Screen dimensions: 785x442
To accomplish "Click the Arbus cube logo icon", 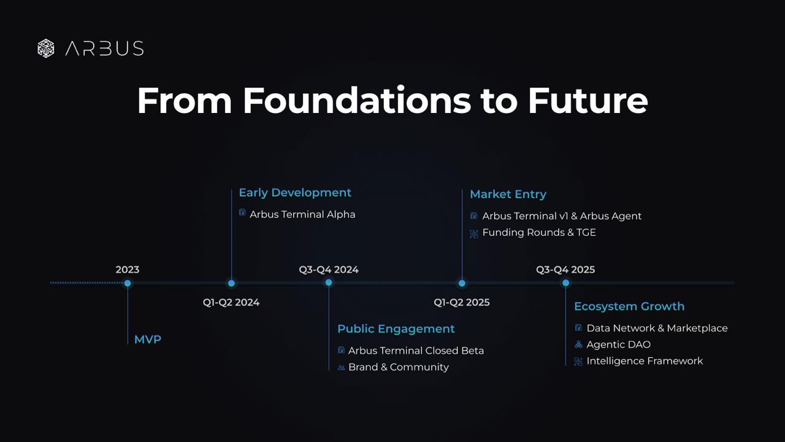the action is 46,48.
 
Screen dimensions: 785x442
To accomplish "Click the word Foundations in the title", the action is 357,101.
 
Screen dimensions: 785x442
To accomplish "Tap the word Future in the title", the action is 588,101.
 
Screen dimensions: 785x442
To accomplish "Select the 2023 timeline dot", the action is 128,283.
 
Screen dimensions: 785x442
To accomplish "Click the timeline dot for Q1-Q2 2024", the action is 231,283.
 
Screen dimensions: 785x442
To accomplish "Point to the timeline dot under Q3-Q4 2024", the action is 329,282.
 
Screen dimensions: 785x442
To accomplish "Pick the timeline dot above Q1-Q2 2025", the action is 462,283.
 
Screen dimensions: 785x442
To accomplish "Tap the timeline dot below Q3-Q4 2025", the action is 565,283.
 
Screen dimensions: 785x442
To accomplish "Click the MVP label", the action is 148,339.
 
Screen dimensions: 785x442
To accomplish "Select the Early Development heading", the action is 295,193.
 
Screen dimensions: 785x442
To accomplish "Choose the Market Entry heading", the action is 508,194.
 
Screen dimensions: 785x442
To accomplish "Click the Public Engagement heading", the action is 396,328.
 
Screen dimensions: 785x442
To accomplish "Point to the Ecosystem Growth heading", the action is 629,306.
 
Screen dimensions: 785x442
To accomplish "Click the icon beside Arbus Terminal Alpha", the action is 242,212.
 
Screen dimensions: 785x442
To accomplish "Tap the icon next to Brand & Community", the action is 342,368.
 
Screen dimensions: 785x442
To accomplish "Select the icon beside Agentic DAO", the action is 578,344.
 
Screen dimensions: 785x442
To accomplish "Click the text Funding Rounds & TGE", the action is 539,232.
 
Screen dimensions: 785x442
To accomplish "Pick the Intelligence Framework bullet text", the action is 645,361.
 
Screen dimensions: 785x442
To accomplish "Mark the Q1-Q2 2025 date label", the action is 462,303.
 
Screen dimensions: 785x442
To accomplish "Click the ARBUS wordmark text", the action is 104,48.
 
